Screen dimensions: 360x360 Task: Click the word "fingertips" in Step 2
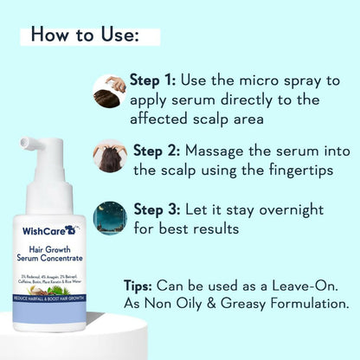tap(301, 170)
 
